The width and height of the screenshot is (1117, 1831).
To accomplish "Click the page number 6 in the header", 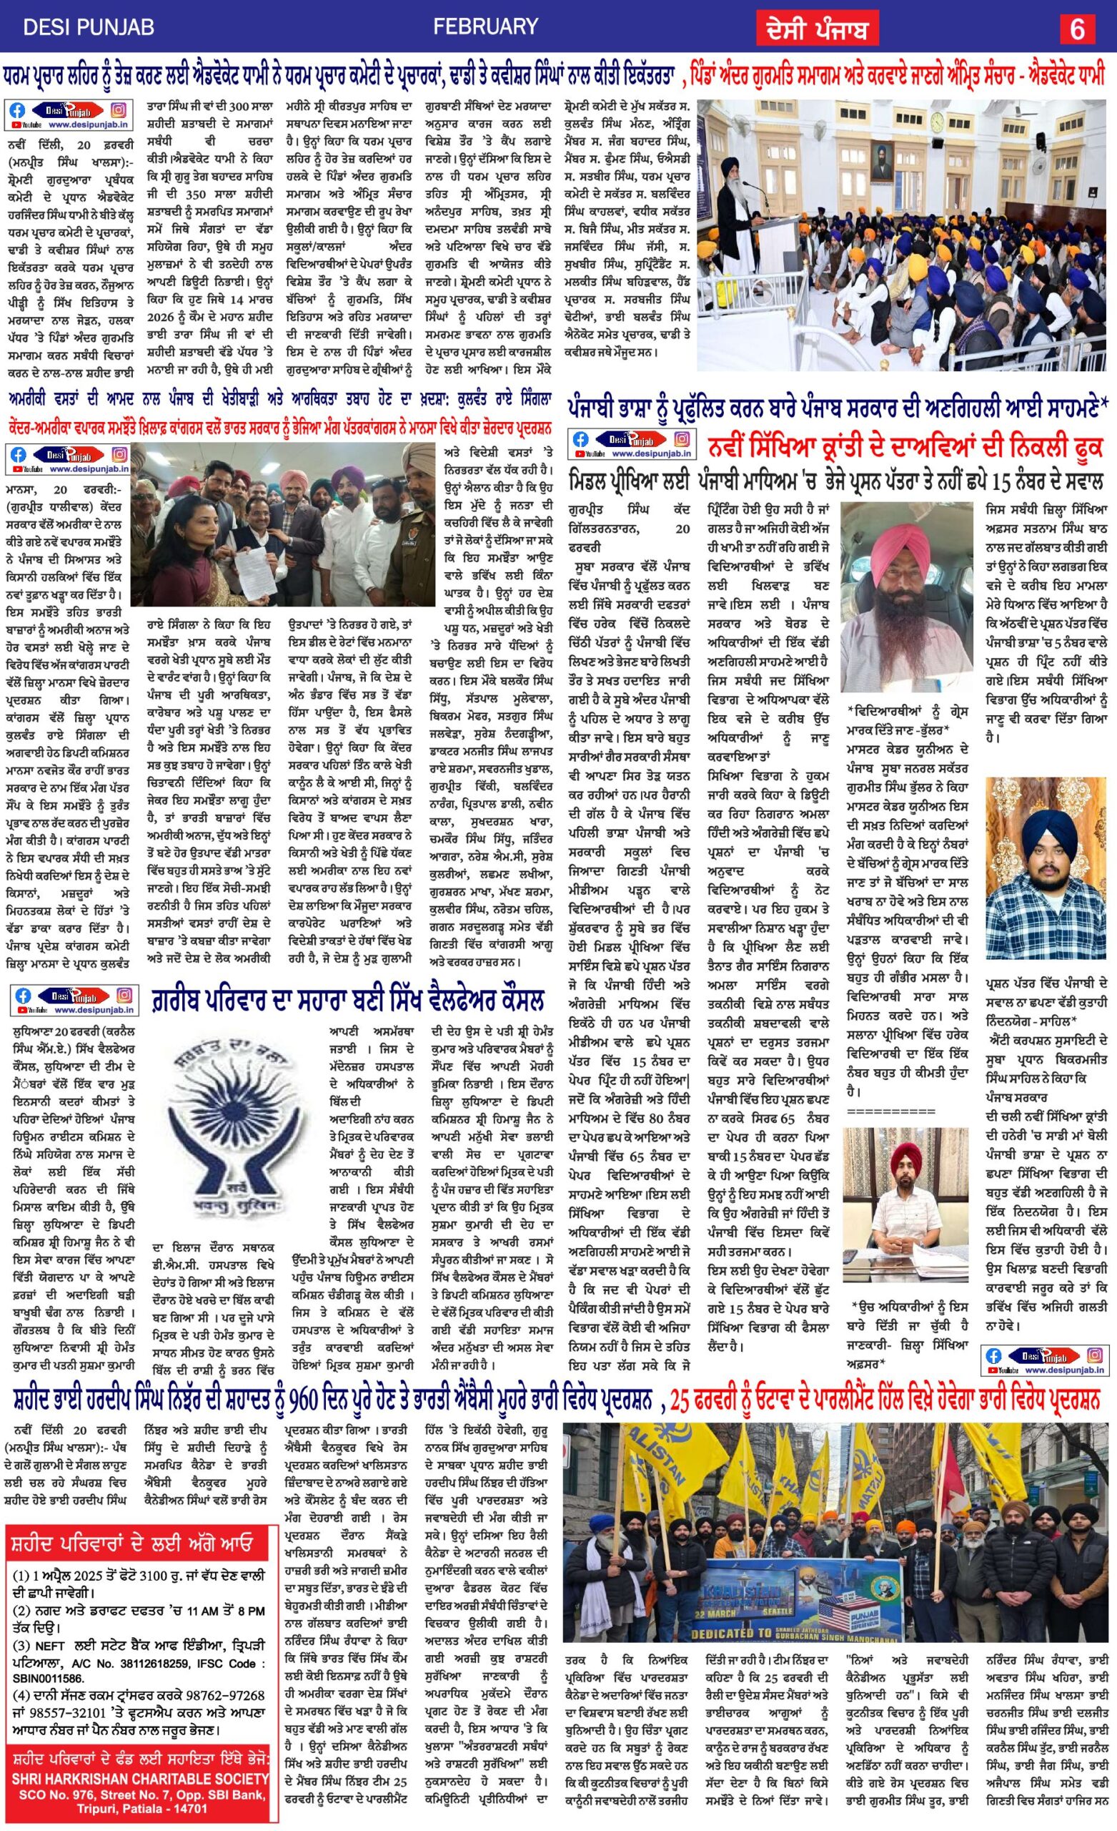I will click(x=1078, y=28).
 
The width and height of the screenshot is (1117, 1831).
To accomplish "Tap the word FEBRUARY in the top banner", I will click(x=485, y=27).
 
